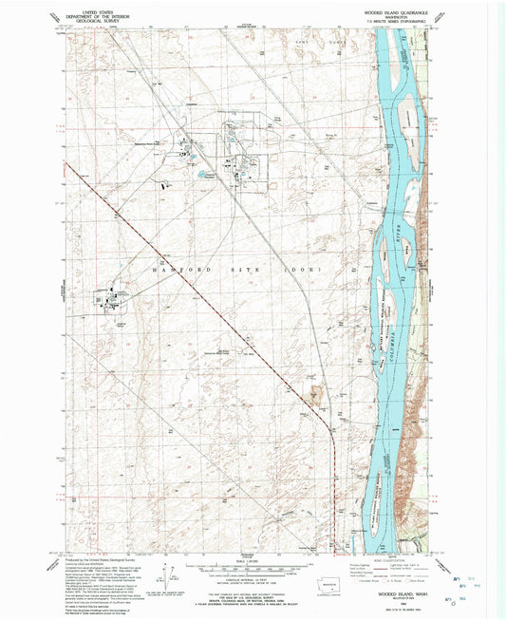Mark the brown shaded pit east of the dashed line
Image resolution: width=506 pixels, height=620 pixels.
point(316,388)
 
